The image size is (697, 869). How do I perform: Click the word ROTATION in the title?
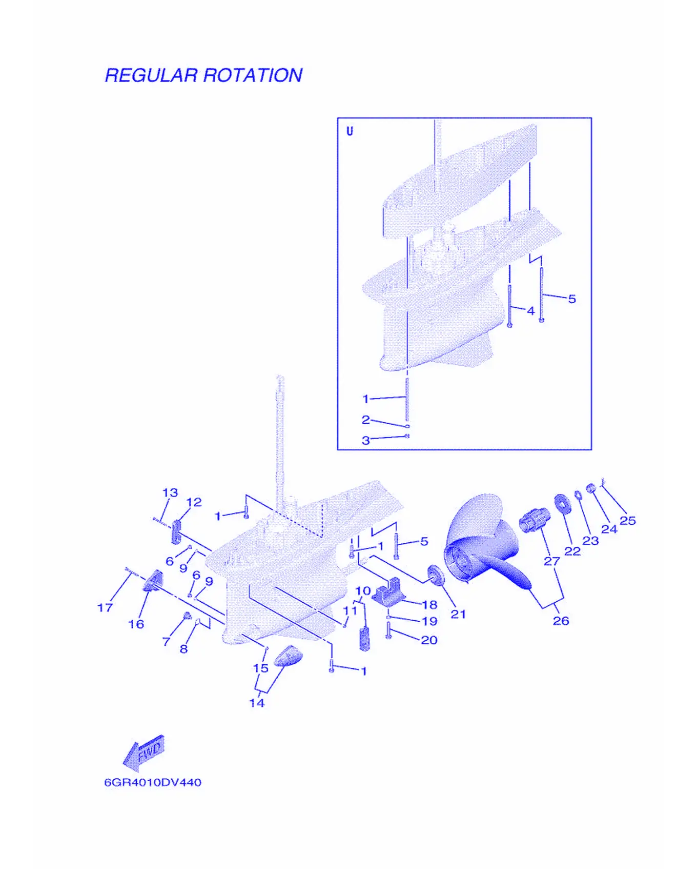click(x=253, y=75)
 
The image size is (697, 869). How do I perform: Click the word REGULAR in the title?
click(x=151, y=75)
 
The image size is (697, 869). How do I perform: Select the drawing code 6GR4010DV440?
click(x=153, y=782)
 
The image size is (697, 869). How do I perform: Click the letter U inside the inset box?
click(x=350, y=131)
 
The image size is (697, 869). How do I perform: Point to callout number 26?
click(x=561, y=621)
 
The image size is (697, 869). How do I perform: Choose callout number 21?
click(x=458, y=614)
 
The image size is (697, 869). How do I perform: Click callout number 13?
click(x=170, y=492)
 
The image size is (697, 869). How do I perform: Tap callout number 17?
click(x=105, y=607)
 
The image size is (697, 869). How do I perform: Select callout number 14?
click(x=257, y=703)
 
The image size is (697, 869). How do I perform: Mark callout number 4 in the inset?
click(x=531, y=311)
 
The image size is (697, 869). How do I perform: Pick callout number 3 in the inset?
click(x=365, y=440)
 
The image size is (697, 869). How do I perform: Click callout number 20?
click(x=429, y=640)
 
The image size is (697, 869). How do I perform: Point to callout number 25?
click(x=628, y=520)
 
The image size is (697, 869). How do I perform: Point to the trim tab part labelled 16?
click(x=153, y=580)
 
